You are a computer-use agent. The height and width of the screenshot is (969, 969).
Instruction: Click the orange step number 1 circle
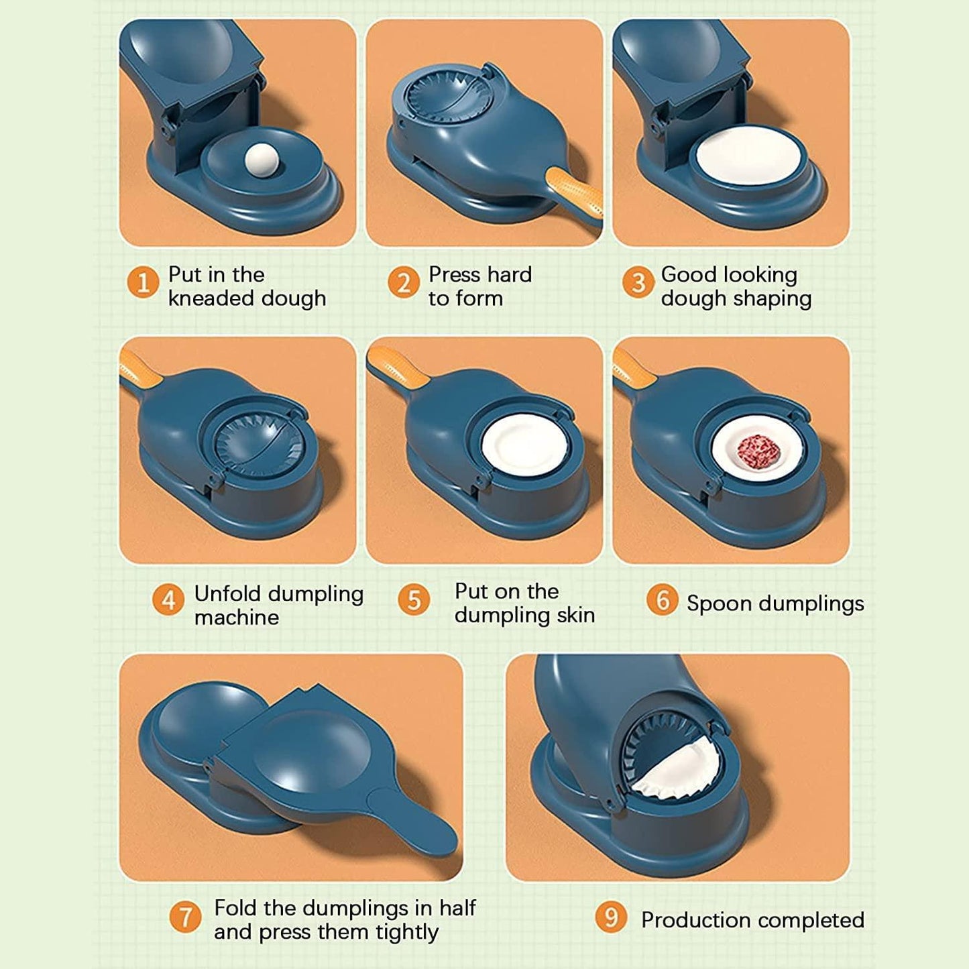coord(142,282)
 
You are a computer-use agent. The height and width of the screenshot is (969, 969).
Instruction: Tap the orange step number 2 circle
coord(403,282)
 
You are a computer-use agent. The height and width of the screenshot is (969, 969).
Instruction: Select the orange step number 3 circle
coord(637,282)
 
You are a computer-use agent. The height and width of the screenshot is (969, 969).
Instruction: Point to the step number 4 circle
coord(168,600)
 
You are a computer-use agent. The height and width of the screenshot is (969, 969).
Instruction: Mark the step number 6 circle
coord(662,600)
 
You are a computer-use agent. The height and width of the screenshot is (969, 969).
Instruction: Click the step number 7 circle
coord(185,917)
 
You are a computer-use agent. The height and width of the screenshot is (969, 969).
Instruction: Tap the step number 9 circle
coord(611,917)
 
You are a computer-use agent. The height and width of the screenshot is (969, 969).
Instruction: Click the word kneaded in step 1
coord(211,298)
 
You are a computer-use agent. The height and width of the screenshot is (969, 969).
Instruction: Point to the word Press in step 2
coord(455,274)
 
